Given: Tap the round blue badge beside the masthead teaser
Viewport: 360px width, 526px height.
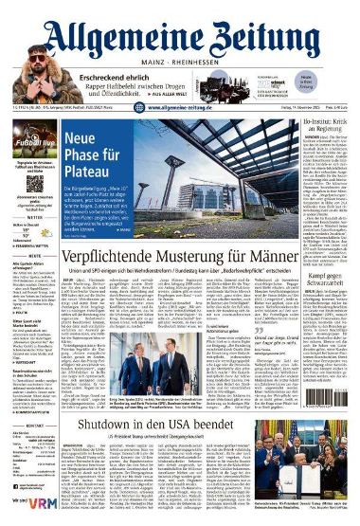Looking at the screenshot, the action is coord(333,83).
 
